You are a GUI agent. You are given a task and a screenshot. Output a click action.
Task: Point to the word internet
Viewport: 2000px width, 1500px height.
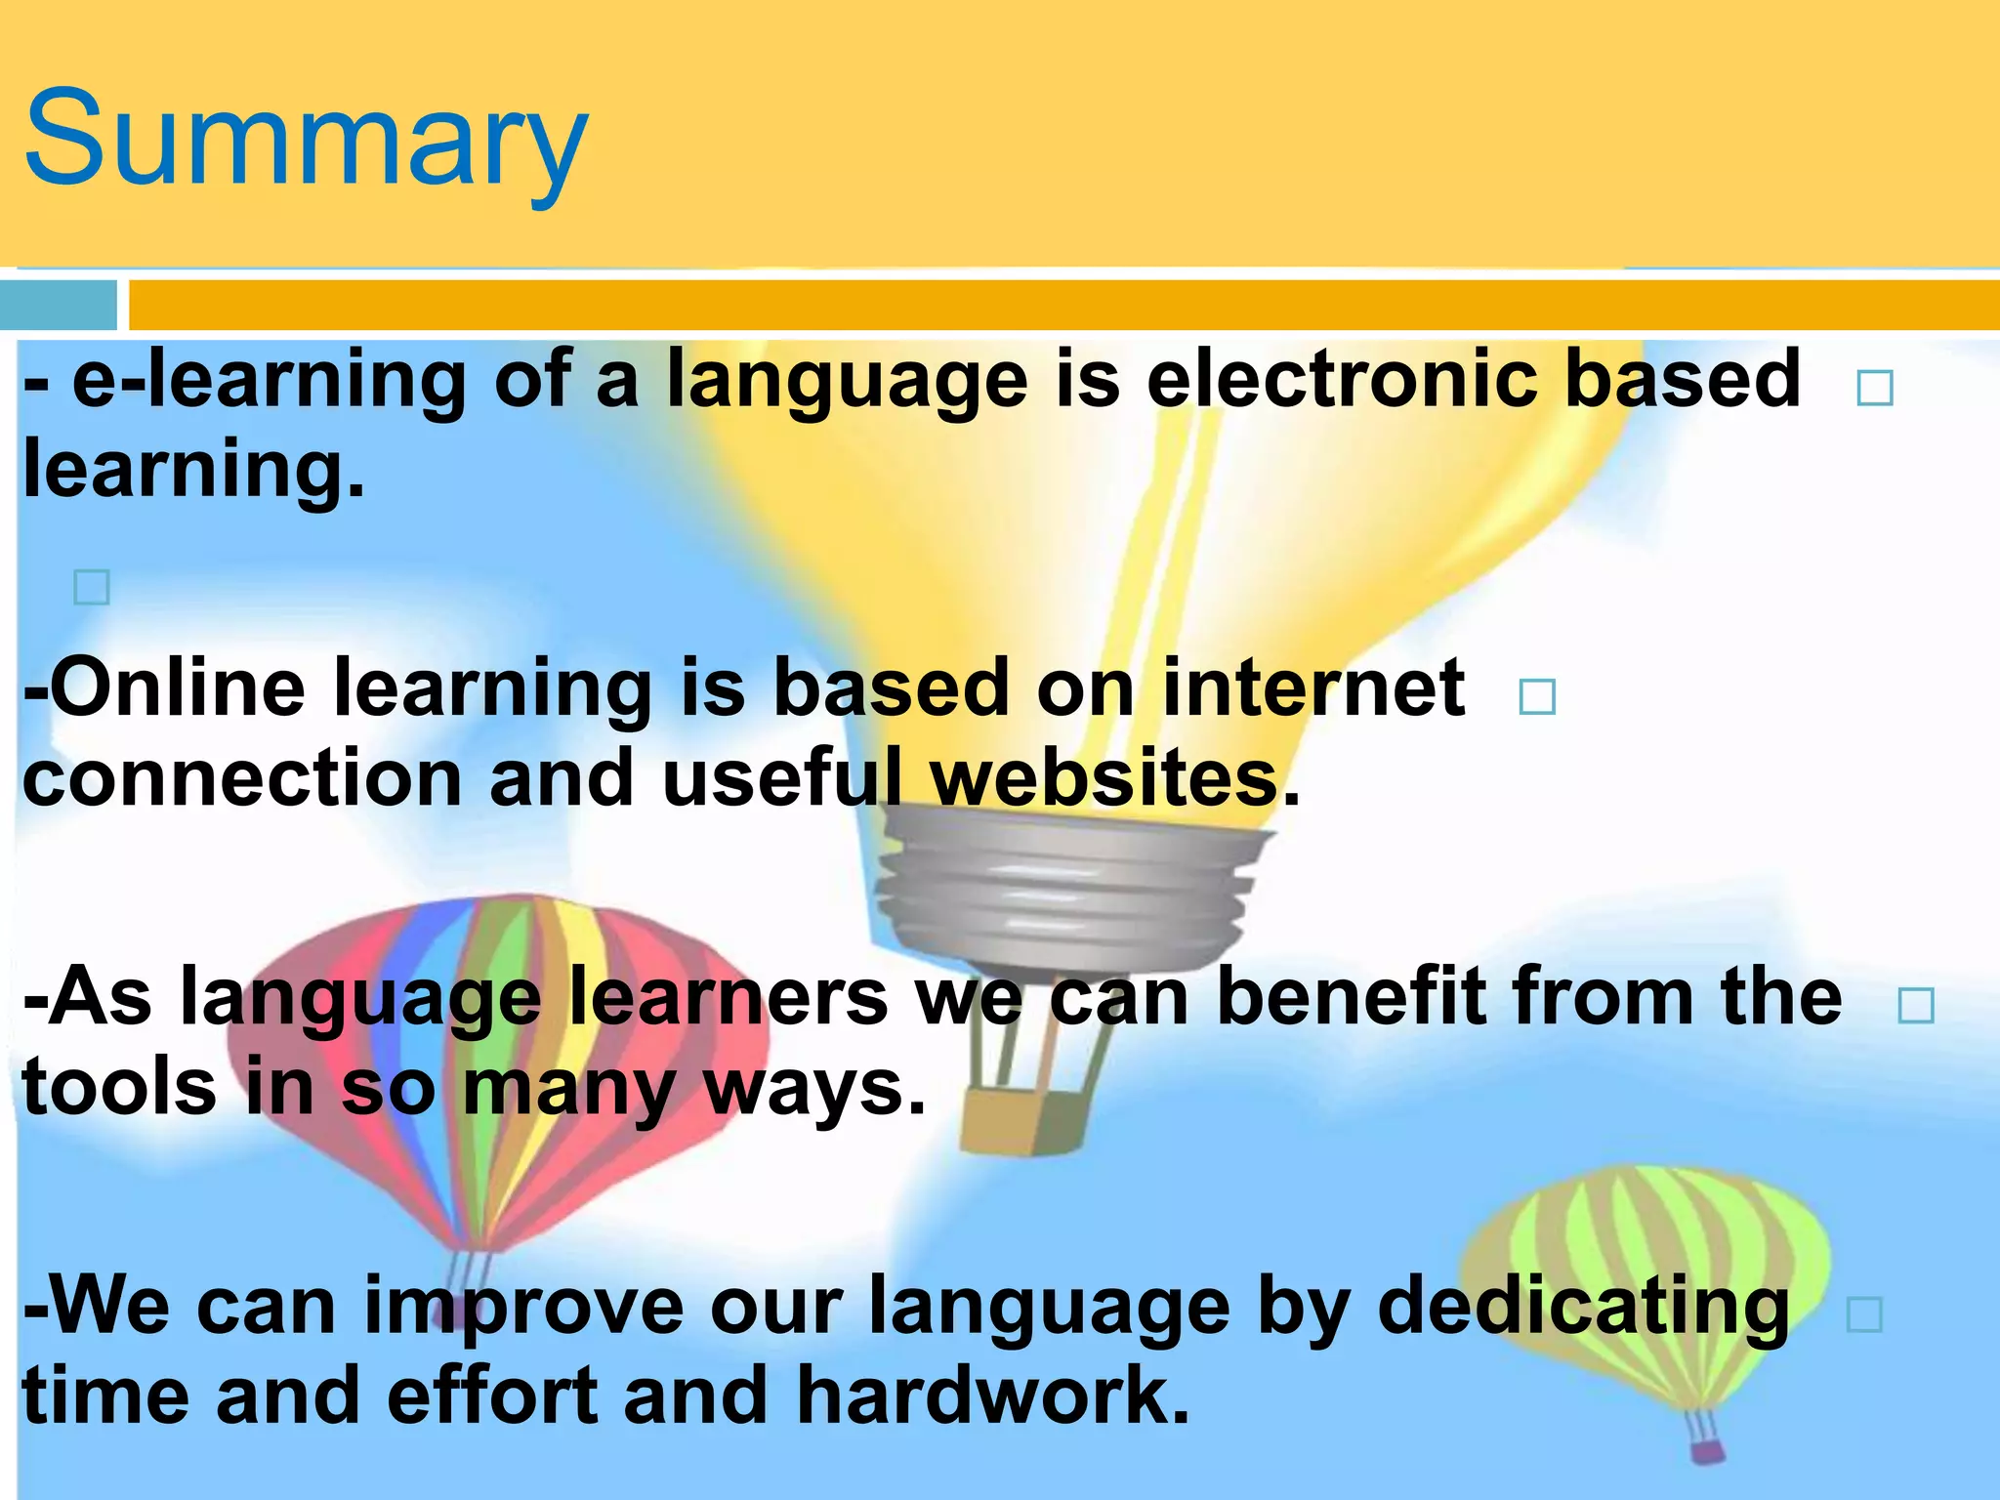1312,688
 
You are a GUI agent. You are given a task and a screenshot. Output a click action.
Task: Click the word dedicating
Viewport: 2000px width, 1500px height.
1582,1307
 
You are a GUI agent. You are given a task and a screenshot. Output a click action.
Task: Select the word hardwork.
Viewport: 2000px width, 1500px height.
992,1396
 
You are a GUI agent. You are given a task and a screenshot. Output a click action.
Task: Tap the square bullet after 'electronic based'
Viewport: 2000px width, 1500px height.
1875,388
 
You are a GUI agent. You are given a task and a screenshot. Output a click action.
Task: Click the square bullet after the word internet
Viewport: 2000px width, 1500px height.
1537,697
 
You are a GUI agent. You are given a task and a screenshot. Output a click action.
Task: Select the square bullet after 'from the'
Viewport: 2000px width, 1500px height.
1915,1005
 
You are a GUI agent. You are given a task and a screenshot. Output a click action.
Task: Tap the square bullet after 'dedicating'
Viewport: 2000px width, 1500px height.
1864,1315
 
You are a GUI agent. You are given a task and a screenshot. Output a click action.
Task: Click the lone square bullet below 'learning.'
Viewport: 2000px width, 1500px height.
92,588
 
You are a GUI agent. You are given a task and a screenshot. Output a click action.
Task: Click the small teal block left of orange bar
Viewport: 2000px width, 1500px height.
58,306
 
